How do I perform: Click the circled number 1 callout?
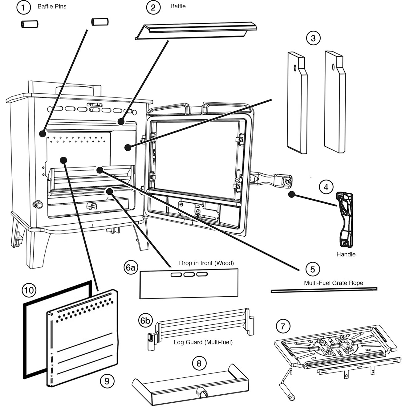click(24, 7)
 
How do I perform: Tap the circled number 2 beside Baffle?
click(153, 7)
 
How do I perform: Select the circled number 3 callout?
click(313, 39)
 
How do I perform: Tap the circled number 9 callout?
click(107, 381)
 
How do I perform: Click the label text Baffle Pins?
click(52, 6)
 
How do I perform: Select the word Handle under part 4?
click(346, 254)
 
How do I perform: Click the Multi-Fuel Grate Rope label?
click(333, 283)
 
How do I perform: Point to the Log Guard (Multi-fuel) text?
click(203, 342)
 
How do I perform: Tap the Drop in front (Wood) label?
click(206, 263)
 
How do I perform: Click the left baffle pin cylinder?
click(29, 24)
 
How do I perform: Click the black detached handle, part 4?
click(345, 219)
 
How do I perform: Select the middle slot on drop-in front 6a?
click(189, 275)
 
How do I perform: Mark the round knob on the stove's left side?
click(38, 204)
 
